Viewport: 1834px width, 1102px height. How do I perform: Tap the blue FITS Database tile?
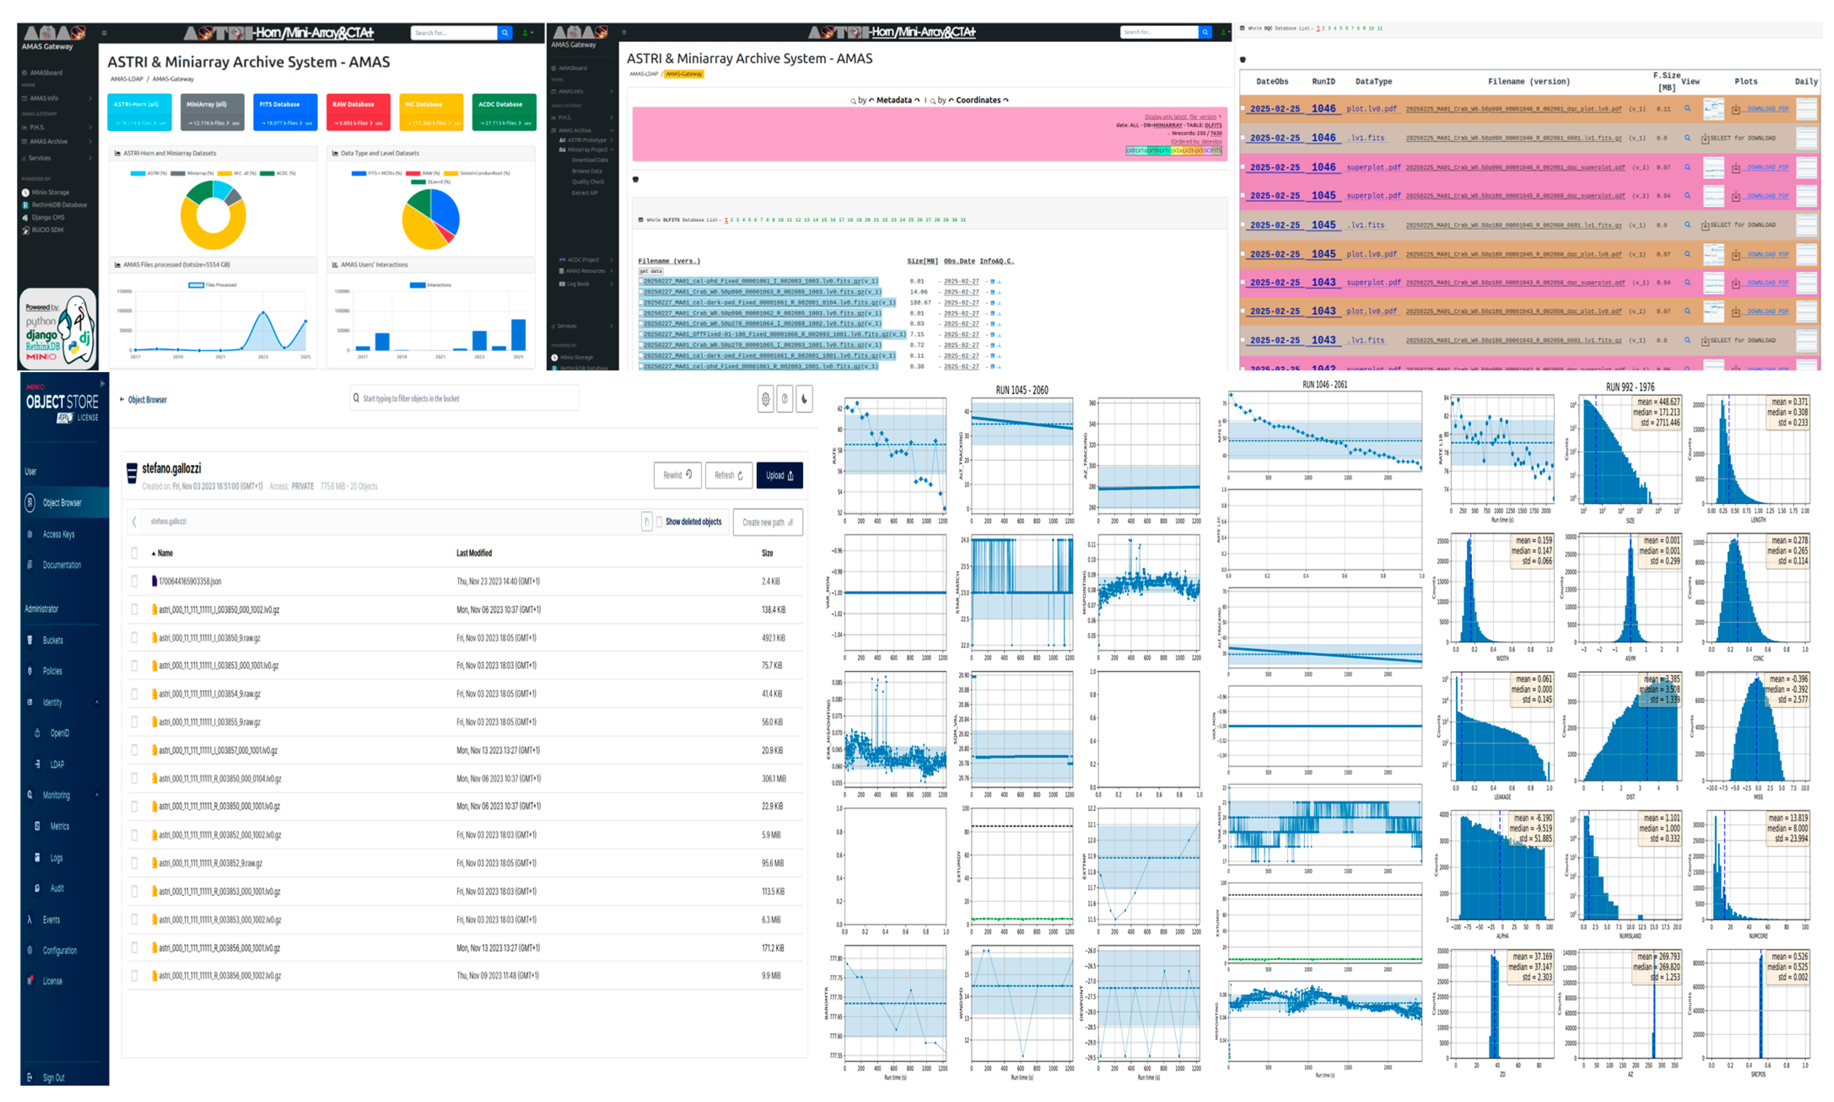[285, 111]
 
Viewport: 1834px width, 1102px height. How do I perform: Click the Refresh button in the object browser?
[728, 475]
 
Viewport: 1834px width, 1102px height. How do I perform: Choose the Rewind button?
[677, 475]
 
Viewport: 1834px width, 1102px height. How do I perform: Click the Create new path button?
[766, 522]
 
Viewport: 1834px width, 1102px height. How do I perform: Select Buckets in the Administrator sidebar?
[53, 640]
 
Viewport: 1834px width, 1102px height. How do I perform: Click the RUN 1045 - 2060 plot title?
[1022, 390]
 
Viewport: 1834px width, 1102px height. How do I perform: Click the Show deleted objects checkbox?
[659, 522]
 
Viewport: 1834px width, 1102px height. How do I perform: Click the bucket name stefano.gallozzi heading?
[172, 469]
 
